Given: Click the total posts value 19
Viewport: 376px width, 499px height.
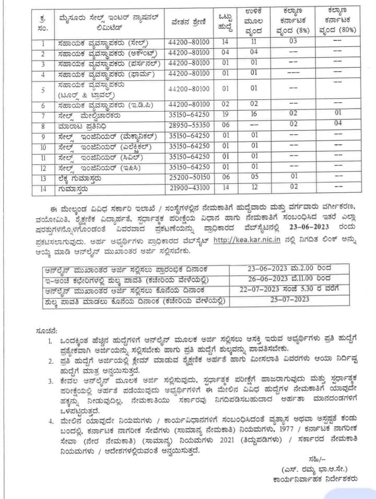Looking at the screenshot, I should click(226, 114).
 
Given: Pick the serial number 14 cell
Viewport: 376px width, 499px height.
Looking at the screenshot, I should click(44, 187).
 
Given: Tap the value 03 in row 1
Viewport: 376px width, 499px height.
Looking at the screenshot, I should click(293, 41).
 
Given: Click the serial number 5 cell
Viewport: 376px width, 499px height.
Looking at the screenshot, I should click(44, 90).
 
